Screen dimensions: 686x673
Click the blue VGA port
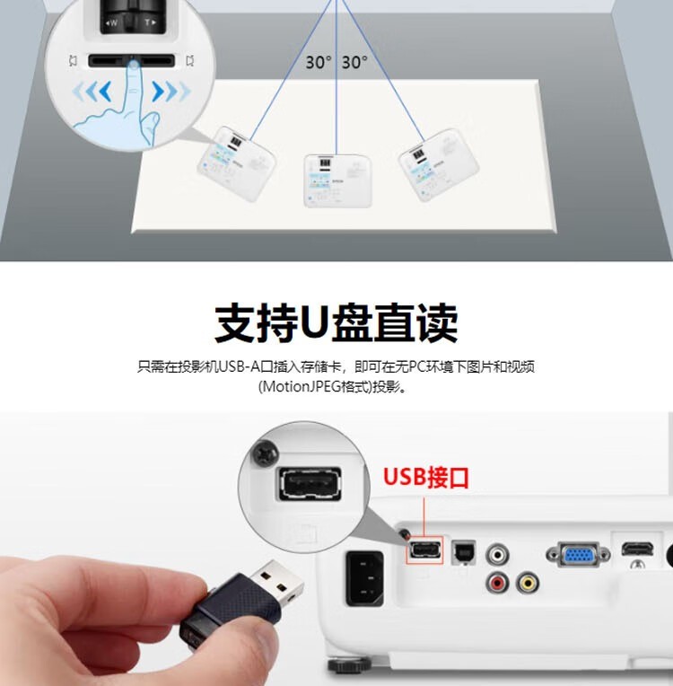pyautogui.click(x=573, y=553)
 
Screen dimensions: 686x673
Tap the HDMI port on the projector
pyautogui.click(x=636, y=548)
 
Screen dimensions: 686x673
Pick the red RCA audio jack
pyautogui.click(x=496, y=584)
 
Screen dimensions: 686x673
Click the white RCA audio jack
pyautogui.click(x=496, y=552)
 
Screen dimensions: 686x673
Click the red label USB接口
pyautogui.click(x=426, y=476)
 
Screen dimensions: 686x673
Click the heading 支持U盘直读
pyautogui.click(x=336, y=322)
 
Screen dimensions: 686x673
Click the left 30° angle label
pyautogui.click(x=318, y=63)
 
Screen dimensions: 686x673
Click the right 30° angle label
pyautogui.click(x=354, y=63)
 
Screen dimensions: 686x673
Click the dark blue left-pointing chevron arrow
pyautogui.click(x=106, y=91)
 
